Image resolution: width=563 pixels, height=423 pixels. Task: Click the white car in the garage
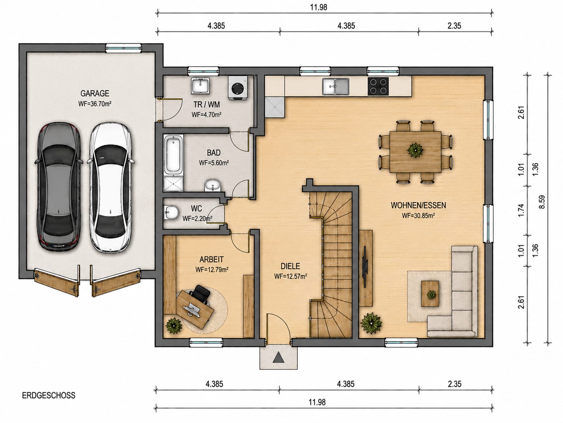click(111, 188)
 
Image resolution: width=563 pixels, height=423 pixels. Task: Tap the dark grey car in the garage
click(60, 187)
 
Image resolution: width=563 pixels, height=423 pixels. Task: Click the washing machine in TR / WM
click(238, 87)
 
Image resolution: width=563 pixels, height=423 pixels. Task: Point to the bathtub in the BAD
click(174, 154)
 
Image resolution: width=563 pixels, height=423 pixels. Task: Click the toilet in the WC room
click(172, 212)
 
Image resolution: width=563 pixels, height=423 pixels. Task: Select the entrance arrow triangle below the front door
click(278, 357)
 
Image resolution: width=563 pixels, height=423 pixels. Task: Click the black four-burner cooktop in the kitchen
click(378, 86)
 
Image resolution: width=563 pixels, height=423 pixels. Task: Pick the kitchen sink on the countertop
click(336, 86)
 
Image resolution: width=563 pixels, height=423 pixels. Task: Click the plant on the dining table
click(415, 150)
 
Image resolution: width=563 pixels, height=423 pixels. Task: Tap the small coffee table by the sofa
click(430, 294)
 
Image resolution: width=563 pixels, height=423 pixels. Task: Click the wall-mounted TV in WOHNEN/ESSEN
click(365, 267)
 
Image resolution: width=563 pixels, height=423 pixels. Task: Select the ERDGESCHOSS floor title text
click(49, 395)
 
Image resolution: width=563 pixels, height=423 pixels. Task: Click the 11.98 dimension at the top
click(319, 7)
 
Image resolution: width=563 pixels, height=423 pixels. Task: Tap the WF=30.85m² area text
click(418, 216)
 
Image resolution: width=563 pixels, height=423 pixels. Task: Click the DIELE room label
click(290, 266)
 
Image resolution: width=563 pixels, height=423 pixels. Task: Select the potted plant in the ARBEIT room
click(174, 326)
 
